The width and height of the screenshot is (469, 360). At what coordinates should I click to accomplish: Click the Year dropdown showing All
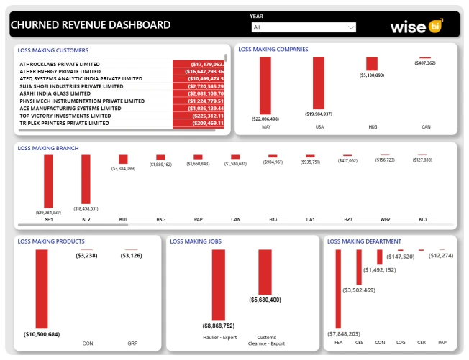pyautogui.click(x=303, y=27)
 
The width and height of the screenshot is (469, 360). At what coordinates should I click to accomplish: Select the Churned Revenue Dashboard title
pyautogui.click(x=91, y=25)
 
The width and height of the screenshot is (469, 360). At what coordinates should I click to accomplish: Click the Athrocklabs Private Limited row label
pyautogui.click(x=60, y=64)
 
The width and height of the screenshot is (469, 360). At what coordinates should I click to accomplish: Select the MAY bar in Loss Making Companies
pyautogui.click(x=266, y=85)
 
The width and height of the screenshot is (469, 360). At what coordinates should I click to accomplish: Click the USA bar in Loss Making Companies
pyautogui.click(x=319, y=83)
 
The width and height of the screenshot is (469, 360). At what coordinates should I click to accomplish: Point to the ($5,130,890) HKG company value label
pyautogui.click(x=372, y=75)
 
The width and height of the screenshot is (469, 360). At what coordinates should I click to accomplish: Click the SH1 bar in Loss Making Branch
pyautogui.click(x=48, y=181)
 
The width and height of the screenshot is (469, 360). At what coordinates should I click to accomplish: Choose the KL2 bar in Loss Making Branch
pyautogui.click(x=86, y=180)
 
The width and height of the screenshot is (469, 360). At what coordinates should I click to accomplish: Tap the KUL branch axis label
pyautogui.click(x=124, y=219)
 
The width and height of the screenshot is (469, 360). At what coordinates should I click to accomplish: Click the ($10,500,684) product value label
pyautogui.click(x=42, y=335)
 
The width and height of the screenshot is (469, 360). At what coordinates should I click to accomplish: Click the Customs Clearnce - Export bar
pyautogui.click(x=265, y=272)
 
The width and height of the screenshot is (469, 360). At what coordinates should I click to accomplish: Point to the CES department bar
pyautogui.click(x=359, y=267)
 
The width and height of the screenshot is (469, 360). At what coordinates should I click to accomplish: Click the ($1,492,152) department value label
pyautogui.click(x=380, y=270)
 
